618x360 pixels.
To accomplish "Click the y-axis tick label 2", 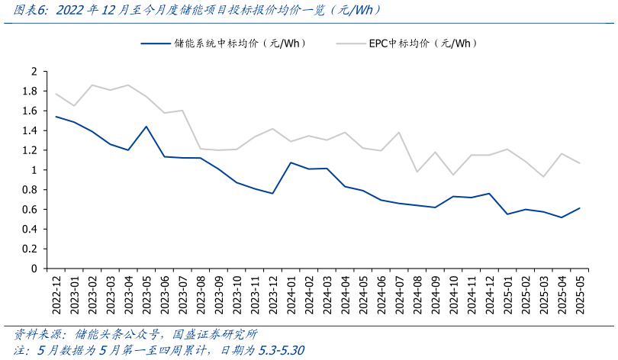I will (x=34, y=71).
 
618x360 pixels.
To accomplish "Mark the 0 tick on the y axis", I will (x=34, y=268).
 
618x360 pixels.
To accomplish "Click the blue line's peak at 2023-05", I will (x=146, y=127).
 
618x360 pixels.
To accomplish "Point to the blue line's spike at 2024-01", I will (x=290, y=162).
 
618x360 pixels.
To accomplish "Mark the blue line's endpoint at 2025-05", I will (x=579, y=208).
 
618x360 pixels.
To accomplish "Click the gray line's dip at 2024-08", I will (x=417, y=172).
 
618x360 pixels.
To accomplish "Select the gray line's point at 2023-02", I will (x=92, y=85).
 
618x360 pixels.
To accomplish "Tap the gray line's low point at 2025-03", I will (x=542, y=177).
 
